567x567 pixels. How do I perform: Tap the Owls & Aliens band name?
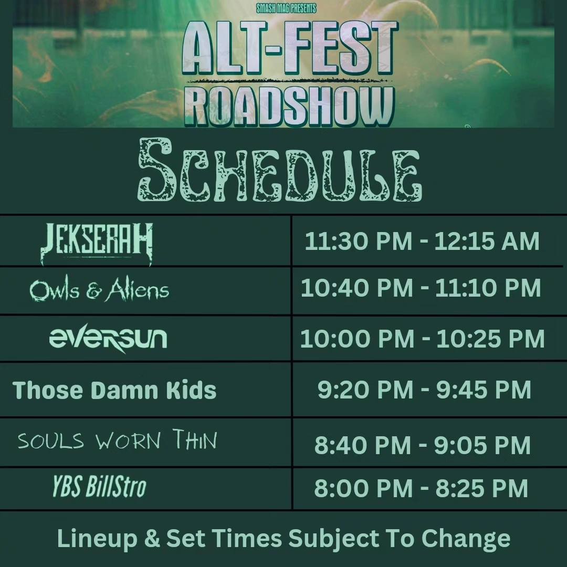click(99, 290)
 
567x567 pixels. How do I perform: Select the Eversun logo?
click(108, 339)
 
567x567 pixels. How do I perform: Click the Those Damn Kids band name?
click(114, 390)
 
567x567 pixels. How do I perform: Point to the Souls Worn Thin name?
click(117, 441)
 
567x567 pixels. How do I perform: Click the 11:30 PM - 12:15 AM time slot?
click(422, 241)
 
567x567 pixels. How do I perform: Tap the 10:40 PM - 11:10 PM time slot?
click(421, 288)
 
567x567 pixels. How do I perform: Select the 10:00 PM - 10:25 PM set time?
click(422, 339)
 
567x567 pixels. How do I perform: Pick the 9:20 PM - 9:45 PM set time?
click(424, 390)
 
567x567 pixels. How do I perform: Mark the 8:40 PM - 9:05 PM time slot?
click(422, 445)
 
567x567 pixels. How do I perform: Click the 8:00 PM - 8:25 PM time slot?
click(421, 488)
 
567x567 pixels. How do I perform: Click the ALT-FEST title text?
click(290, 50)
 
